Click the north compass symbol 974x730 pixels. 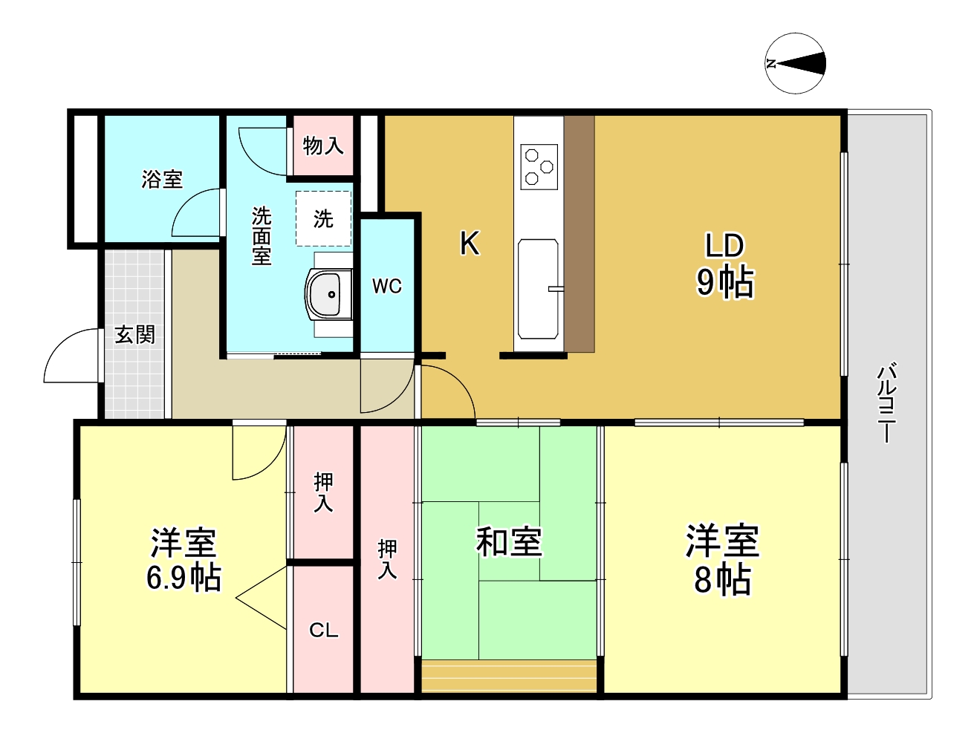795,64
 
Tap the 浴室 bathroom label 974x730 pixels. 162,179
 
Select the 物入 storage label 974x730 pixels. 323,146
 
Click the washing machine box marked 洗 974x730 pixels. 323,218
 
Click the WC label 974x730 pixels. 387,286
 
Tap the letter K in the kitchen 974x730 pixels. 470,243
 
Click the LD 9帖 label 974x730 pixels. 724,264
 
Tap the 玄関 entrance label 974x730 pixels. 134,334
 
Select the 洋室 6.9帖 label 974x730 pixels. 184,559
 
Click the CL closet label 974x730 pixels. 323,630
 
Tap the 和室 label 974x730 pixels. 509,541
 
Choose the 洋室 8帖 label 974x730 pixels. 722,559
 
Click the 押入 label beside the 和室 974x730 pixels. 387,559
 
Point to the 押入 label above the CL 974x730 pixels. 323,492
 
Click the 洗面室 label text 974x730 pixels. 262,236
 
